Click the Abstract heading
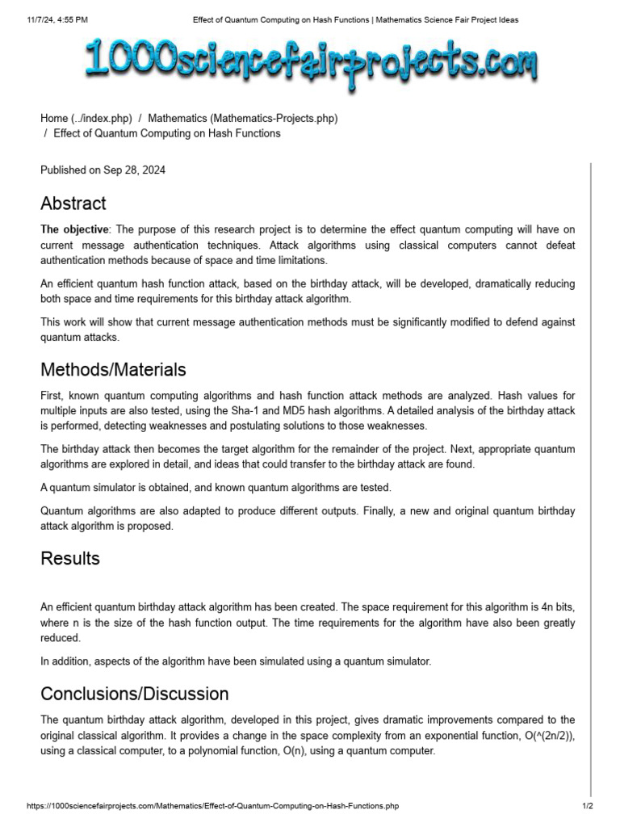(73, 204)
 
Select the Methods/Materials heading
(113, 370)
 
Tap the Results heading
(70, 559)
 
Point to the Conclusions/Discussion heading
(135, 694)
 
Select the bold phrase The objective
(73, 229)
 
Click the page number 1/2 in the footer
(588, 806)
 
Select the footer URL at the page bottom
(213, 806)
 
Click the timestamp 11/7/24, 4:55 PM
(57, 19)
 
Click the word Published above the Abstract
(64, 170)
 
